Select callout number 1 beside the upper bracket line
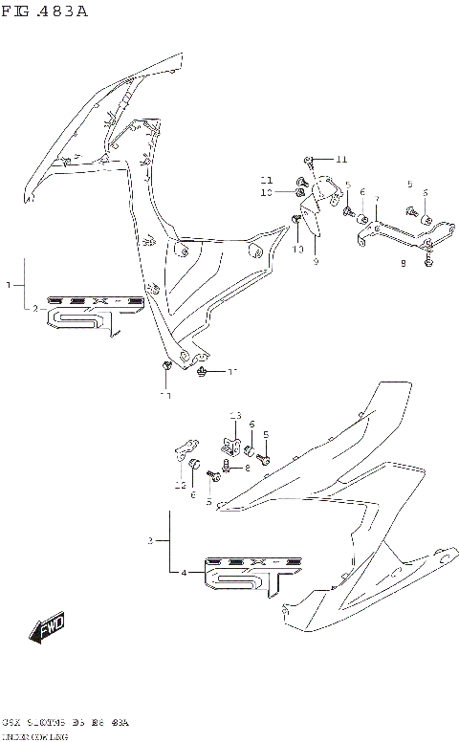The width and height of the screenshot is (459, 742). click(9, 285)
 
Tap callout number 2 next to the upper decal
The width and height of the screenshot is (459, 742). click(35, 308)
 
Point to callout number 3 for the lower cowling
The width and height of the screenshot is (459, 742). click(151, 541)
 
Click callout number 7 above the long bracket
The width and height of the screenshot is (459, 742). click(378, 201)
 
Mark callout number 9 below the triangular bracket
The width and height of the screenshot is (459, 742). click(315, 260)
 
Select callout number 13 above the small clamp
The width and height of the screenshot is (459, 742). click(234, 415)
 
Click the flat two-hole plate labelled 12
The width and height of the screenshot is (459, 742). click(186, 447)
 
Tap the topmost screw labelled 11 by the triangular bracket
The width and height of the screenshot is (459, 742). click(308, 159)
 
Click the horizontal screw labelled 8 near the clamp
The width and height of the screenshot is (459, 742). click(227, 468)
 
